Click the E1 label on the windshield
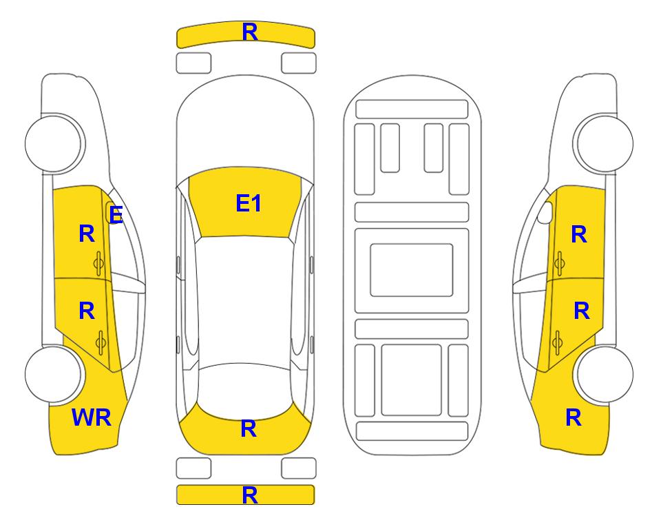pos(249,203)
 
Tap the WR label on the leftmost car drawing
pos(92,417)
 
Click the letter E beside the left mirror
pos(116,214)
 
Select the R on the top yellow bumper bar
pos(250,32)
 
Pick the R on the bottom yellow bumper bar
pos(250,495)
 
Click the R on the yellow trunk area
pos(249,428)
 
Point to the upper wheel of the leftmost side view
pos(54,143)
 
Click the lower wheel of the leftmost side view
pos(54,374)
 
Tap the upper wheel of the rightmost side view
pos(604,143)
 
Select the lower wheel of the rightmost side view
pos(604,374)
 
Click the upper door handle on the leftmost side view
pos(99,263)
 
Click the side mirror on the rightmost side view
pos(545,212)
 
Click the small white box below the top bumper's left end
pos(193,63)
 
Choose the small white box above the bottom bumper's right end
pos(299,468)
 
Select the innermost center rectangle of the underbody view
pos(412,270)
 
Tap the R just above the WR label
pos(87,311)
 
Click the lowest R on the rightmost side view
pos(573,417)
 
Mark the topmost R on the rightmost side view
pos(579,234)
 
